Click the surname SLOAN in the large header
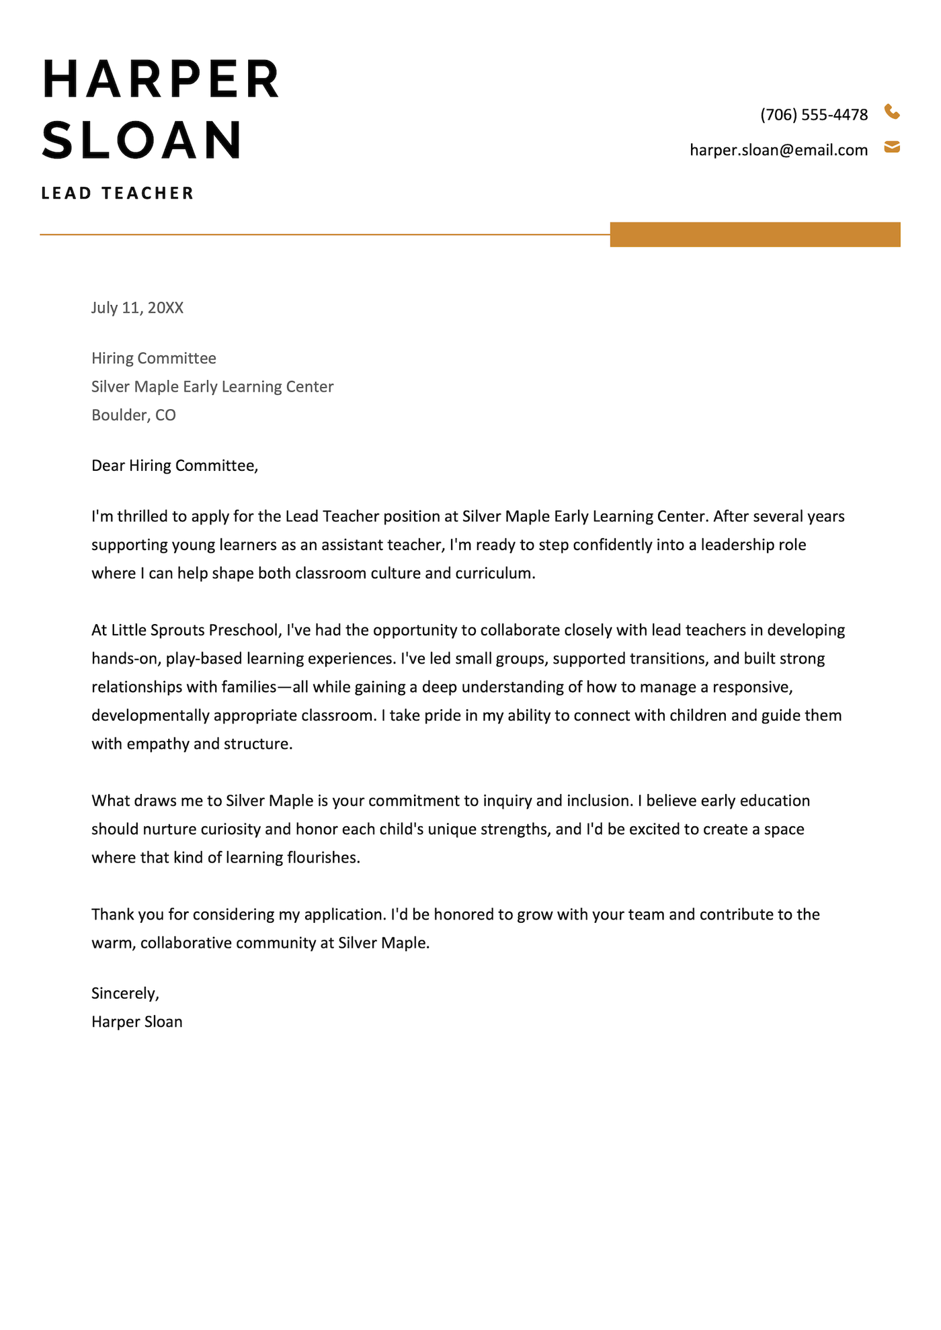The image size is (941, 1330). coord(142,140)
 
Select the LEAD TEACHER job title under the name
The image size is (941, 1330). coord(118,193)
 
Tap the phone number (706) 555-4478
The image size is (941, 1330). coord(814,115)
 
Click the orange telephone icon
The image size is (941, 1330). coord(892,112)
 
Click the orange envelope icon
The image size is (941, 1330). coord(892,147)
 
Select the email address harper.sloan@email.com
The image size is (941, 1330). coord(778,150)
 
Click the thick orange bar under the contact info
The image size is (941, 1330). coord(755,234)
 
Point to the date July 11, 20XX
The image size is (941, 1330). coord(137,308)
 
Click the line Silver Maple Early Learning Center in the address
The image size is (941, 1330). coord(212,387)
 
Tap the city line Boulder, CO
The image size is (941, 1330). coord(134,415)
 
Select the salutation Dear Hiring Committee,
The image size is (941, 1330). coord(175,465)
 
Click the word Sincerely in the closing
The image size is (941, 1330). coord(124,993)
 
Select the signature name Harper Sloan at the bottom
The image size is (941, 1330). coord(137,1022)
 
